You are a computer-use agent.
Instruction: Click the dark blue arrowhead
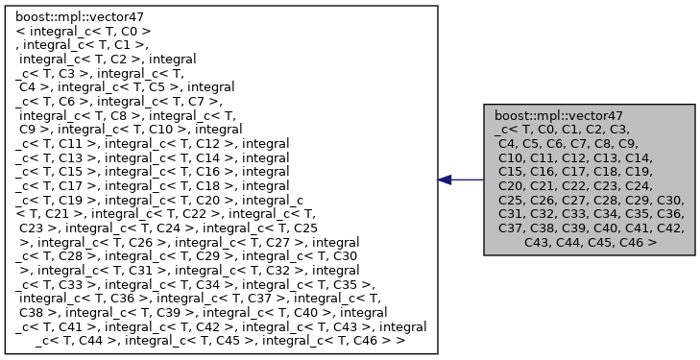click(445, 180)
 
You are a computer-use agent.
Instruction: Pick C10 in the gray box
click(512, 156)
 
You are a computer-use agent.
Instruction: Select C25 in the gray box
click(512, 200)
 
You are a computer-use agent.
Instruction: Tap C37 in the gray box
click(512, 228)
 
